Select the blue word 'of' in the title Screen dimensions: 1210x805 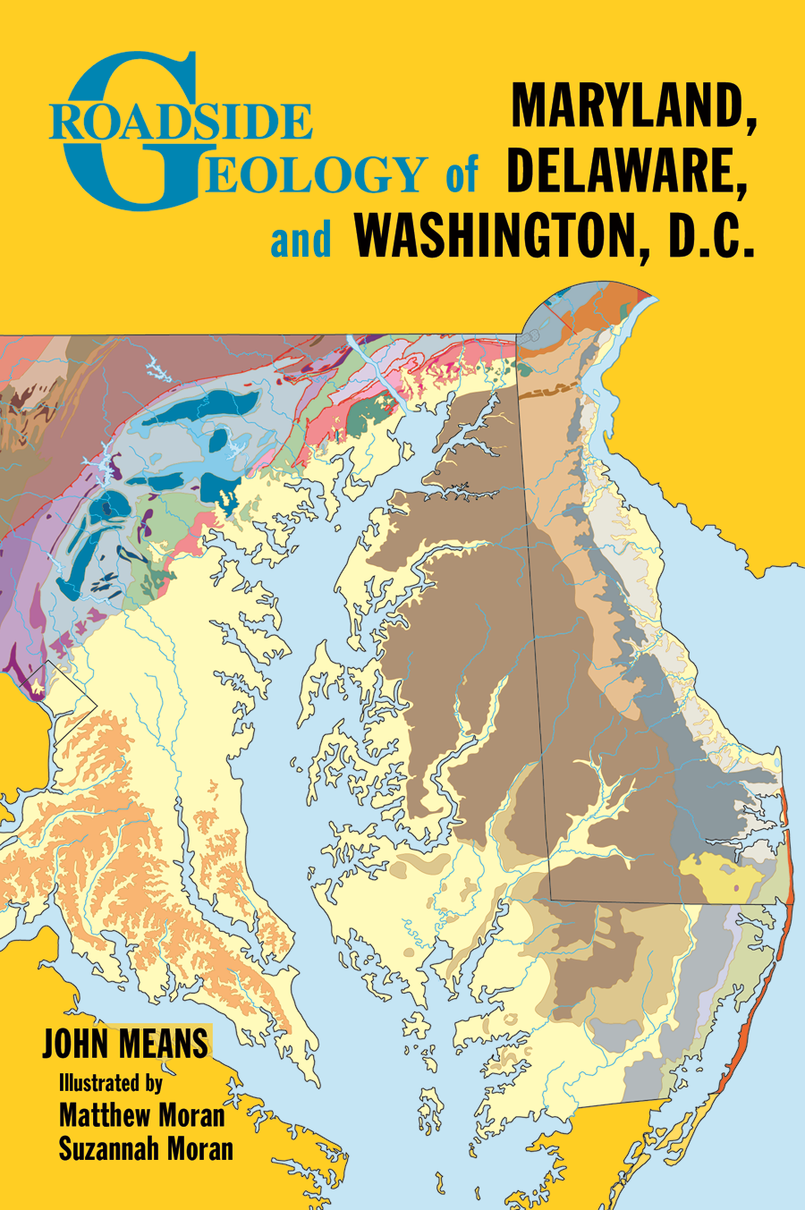(462, 173)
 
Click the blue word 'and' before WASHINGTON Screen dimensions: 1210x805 (301, 239)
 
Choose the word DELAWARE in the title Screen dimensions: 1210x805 (626, 173)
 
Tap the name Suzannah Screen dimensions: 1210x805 (109, 1148)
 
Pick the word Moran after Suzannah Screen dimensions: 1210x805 (199, 1148)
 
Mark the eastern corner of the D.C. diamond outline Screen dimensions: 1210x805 (97, 707)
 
